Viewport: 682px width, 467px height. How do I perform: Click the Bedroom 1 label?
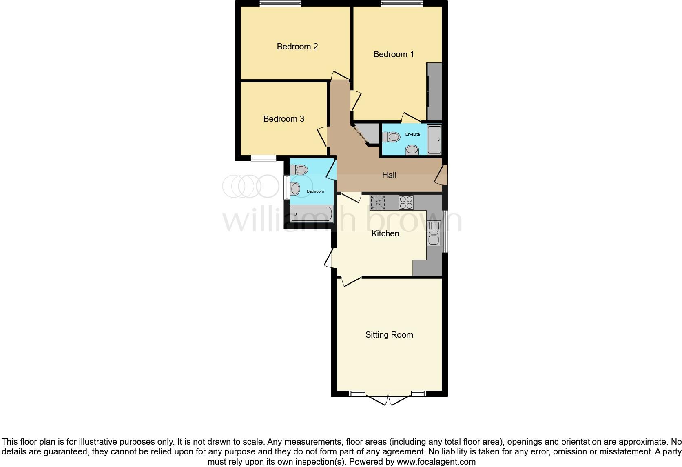click(393, 54)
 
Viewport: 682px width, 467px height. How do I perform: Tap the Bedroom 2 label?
click(297, 47)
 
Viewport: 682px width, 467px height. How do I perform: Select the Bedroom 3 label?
click(283, 119)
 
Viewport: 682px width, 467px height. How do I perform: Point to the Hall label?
click(389, 175)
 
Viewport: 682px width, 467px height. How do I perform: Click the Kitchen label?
click(385, 233)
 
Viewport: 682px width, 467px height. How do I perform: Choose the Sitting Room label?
click(389, 335)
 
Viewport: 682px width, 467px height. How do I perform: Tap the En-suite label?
click(412, 134)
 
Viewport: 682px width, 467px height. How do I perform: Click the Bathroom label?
click(315, 191)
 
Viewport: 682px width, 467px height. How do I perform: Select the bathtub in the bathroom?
click(312, 213)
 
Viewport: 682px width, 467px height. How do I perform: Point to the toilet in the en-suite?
click(391, 137)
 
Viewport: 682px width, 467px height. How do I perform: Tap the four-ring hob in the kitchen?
click(406, 202)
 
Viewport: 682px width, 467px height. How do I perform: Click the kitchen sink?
click(434, 233)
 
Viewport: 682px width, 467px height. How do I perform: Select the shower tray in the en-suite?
click(434, 140)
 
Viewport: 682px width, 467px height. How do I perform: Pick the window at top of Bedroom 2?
click(280, 4)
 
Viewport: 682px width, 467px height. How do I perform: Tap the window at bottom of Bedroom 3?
click(263, 158)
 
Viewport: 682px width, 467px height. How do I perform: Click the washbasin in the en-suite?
click(412, 150)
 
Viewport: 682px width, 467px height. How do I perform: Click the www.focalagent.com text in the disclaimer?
click(436, 462)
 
